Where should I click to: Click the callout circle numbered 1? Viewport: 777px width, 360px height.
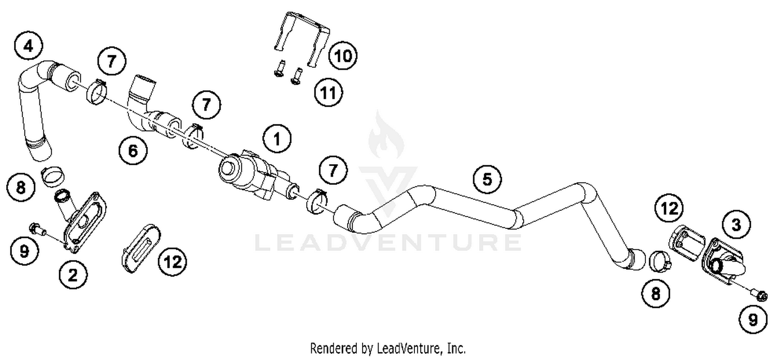click(277, 138)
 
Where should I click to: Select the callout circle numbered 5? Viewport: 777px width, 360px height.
click(487, 179)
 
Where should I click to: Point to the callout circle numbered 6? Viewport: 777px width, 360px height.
click(133, 151)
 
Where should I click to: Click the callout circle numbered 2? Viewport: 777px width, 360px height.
click(73, 275)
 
